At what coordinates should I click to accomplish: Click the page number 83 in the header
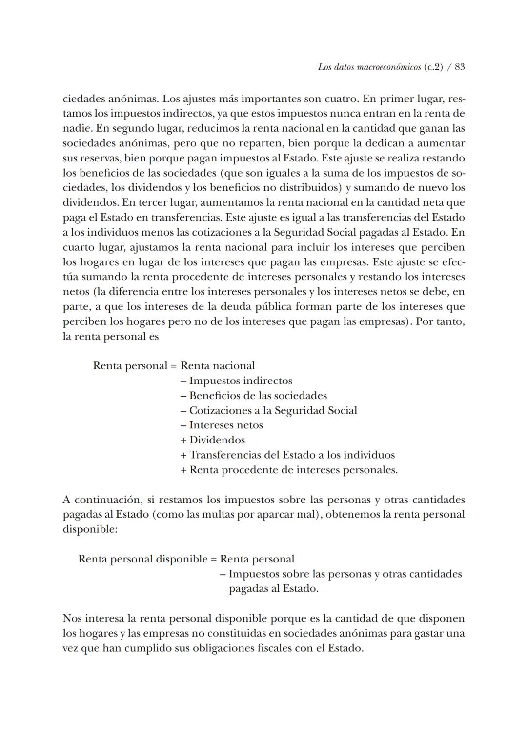(x=459, y=67)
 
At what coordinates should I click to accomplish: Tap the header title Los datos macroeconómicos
(x=368, y=67)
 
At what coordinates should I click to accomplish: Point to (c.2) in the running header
(x=434, y=67)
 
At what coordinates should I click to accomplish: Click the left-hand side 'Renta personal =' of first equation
(x=134, y=366)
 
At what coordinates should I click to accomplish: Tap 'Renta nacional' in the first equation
(x=218, y=366)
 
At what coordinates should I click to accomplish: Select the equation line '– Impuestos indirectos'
(x=236, y=381)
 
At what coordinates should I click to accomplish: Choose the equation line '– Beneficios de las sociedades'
(x=253, y=396)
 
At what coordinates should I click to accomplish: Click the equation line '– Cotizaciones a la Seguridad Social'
(x=268, y=411)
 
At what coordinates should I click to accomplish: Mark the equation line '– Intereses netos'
(x=222, y=425)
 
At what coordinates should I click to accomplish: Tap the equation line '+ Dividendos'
(x=213, y=440)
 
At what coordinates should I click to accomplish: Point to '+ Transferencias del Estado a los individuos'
(x=287, y=455)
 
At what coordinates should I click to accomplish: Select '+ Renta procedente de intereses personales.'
(x=289, y=470)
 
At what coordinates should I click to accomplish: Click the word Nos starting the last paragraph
(x=72, y=619)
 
